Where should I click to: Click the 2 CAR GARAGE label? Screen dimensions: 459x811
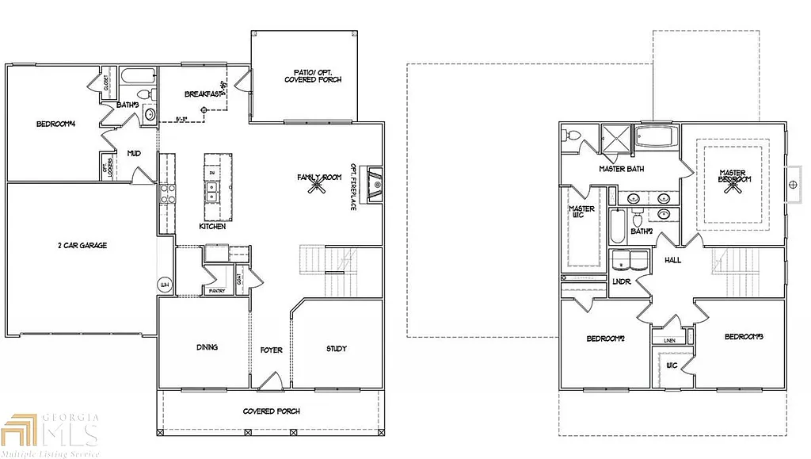click(x=82, y=246)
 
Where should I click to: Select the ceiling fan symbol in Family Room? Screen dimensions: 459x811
click(x=320, y=184)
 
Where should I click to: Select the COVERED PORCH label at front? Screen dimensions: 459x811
click(x=271, y=411)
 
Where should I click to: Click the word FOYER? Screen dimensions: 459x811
click(x=272, y=350)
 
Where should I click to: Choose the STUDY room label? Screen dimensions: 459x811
click(x=337, y=349)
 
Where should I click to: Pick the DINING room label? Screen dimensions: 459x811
click(x=208, y=347)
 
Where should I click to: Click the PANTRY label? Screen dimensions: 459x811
click(x=217, y=291)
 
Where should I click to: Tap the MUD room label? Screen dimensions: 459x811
click(x=133, y=153)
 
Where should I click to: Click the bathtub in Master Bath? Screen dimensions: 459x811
click(x=657, y=140)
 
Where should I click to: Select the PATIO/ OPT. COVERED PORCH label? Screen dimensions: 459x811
click(x=313, y=77)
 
